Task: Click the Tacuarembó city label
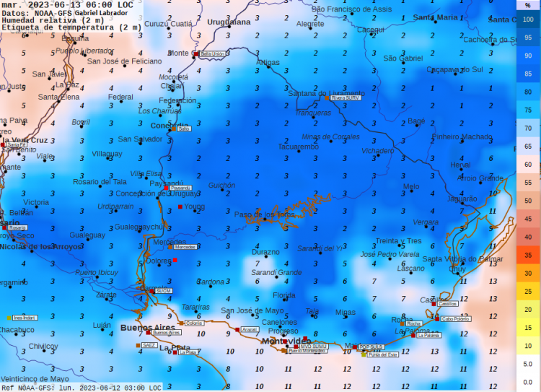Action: point(298,147)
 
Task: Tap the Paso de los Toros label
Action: point(264,214)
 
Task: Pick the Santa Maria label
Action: point(435,17)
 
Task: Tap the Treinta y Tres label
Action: point(398,241)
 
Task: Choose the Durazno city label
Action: point(265,253)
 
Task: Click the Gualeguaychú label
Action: point(139,227)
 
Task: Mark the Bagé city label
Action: point(417,121)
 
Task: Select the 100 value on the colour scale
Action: point(528,19)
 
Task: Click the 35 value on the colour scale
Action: point(528,255)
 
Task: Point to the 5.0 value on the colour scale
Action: point(528,364)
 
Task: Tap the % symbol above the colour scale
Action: point(528,5)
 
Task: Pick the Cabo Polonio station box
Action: point(456,318)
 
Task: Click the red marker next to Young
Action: point(180,207)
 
